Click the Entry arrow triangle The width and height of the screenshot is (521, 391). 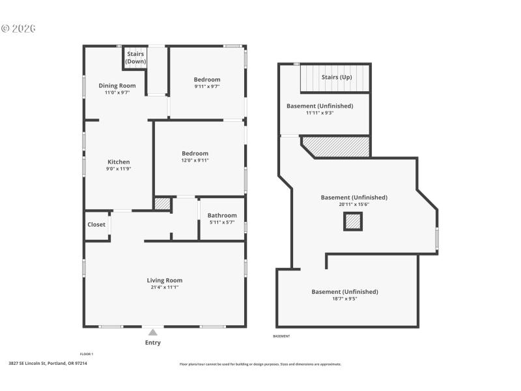click(152, 332)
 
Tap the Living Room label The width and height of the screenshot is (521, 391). click(164, 280)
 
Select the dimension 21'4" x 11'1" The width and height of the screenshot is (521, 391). click(164, 287)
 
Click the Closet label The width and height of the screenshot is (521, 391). click(96, 224)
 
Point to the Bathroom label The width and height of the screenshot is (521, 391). click(222, 215)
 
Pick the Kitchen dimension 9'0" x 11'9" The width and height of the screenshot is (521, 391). click(119, 169)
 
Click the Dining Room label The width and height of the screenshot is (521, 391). click(117, 85)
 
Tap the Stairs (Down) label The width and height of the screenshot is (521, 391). click(135, 58)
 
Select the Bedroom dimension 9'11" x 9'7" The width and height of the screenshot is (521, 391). click(207, 87)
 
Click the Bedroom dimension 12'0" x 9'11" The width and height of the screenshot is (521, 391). click(195, 160)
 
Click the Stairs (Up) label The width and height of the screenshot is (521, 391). click(337, 77)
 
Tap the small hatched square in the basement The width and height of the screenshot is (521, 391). click(352, 222)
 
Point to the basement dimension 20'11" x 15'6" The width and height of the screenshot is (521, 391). click(354, 205)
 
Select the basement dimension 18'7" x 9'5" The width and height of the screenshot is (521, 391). click(345, 299)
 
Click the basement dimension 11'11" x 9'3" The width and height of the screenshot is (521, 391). click(320, 113)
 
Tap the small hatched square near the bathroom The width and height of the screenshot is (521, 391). click(163, 203)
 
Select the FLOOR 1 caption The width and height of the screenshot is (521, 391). click(87, 354)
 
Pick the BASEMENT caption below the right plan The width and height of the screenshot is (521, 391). click(281, 336)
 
